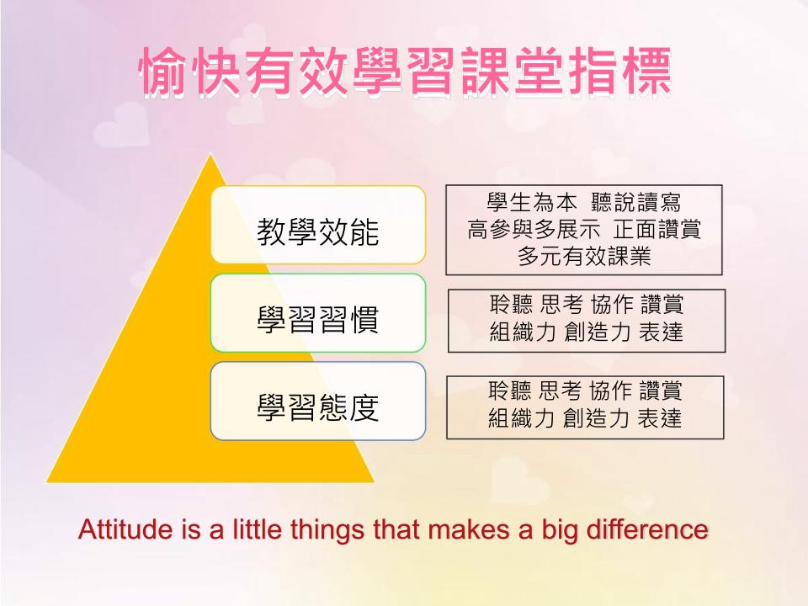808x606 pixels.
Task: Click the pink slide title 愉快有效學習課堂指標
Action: (405, 72)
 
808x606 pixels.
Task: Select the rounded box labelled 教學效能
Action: (318, 225)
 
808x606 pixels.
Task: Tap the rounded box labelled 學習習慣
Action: (318, 313)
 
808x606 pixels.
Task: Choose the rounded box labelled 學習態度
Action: (318, 401)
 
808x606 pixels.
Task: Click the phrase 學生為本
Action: (532, 203)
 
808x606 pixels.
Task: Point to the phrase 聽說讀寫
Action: (636, 203)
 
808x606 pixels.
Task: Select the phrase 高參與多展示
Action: (534, 229)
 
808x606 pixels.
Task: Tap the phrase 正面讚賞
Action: (657, 229)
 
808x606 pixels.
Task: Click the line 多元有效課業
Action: (584, 256)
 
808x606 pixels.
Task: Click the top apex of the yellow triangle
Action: (210, 153)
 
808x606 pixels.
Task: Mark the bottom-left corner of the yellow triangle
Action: (47, 482)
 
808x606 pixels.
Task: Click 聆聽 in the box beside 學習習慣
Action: (511, 305)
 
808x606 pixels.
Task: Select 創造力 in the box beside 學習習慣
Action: (598, 332)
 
